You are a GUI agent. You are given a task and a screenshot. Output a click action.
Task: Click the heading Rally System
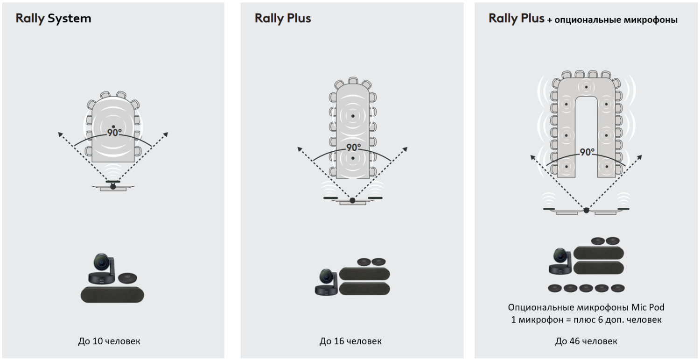point(54,19)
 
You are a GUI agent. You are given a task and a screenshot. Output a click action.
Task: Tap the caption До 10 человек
point(109,341)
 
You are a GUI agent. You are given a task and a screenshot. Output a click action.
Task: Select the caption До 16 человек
point(350,341)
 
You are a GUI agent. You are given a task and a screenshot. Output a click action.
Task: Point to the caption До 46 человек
point(586,341)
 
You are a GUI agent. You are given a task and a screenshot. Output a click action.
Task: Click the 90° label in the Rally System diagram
point(114,133)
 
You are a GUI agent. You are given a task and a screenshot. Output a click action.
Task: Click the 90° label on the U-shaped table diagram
point(587,152)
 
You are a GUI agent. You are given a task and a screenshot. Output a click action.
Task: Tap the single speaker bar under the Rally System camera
point(112,295)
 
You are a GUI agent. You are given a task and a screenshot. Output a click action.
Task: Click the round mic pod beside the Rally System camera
point(127,278)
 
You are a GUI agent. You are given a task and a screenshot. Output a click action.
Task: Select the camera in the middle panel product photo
point(327,282)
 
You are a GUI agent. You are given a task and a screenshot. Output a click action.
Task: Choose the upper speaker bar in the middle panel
point(364,274)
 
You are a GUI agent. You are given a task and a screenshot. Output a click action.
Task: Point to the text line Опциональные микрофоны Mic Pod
point(586,307)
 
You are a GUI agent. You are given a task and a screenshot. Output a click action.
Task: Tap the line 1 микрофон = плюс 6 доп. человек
point(586,320)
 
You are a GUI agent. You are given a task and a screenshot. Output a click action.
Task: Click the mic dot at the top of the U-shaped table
point(586,87)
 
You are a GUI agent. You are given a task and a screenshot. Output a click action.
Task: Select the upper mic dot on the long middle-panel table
point(353,116)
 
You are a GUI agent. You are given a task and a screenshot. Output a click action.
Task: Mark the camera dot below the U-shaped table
point(586,211)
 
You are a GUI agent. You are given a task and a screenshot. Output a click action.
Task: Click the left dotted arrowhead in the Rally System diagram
point(60,134)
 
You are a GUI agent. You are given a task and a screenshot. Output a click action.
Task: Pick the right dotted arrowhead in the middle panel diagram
point(405,149)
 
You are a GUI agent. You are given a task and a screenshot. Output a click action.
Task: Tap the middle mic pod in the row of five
point(586,288)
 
